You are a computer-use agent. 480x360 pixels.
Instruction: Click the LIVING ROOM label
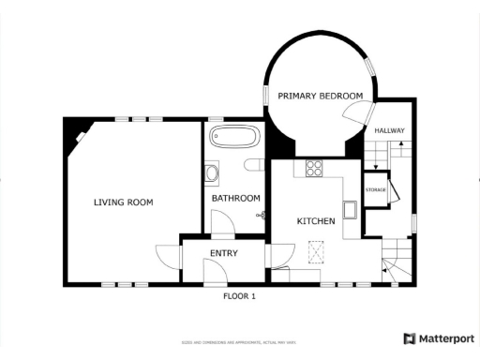pyautogui.click(x=123, y=202)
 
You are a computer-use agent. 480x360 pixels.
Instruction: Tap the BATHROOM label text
pyautogui.click(x=235, y=198)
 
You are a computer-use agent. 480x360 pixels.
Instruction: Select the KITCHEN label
pyautogui.click(x=315, y=221)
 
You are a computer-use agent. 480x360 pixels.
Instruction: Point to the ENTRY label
pyautogui.click(x=223, y=253)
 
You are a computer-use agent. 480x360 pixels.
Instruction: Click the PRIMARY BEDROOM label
pyautogui.click(x=320, y=96)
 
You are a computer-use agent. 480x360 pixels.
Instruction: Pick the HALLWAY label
pyautogui.click(x=388, y=130)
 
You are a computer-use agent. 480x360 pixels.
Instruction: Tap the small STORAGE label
pyautogui.click(x=376, y=190)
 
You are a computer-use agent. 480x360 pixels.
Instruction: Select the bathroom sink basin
pyautogui.click(x=212, y=173)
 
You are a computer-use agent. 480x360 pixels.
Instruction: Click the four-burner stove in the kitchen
pyautogui.click(x=314, y=170)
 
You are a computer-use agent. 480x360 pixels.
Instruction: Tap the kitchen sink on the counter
pyautogui.click(x=349, y=210)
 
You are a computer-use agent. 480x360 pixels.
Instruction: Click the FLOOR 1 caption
pyautogui.click(x=238, y=296)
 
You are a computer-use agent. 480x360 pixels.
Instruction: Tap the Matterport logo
pyautogui.click(x=438, y=338)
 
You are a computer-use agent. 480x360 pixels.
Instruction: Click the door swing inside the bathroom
pyautogui.click(x=223, y=222)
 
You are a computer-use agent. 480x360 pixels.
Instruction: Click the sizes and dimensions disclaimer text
pyautogui.click(x=239, y=342)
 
